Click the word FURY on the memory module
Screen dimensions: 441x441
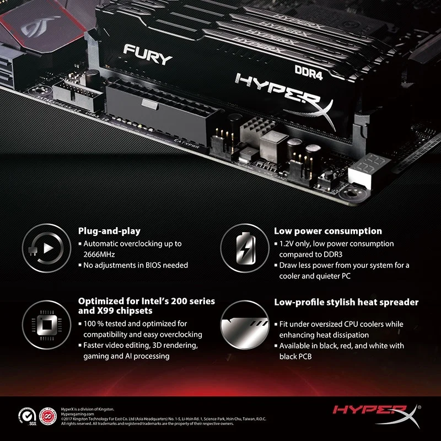[147, 54]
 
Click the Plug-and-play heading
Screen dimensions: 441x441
[109, 231]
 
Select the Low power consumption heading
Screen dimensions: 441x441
[327, 231]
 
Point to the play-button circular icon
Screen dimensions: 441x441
[41, 248]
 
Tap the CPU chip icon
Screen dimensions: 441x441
[41, 321]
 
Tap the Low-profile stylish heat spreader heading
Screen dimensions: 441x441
[346, 302]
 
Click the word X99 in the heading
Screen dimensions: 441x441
[107, 311]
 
